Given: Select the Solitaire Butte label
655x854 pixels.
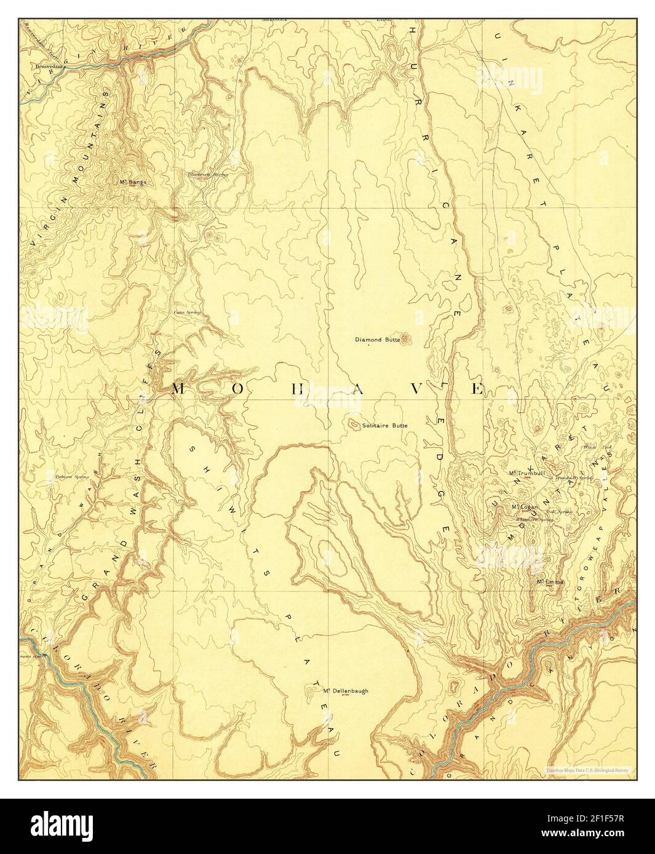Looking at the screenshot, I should pos(385,425).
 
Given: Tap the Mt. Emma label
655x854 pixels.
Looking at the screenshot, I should pos(550,581).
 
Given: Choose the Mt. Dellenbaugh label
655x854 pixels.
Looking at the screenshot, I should pos(346,691).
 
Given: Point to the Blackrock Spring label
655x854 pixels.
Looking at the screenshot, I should pos(208,174).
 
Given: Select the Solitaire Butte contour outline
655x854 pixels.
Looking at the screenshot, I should pos(354,424).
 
